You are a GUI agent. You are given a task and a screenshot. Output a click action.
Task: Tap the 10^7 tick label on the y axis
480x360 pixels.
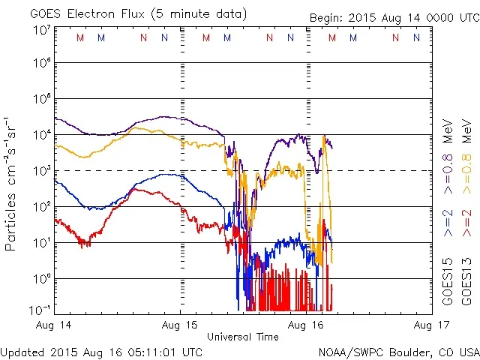(x=42, y=31)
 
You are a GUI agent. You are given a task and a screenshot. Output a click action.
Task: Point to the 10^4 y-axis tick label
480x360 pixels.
(x=42, y=135)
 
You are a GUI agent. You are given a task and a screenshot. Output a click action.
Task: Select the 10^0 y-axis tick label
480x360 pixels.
(x=42, y=279)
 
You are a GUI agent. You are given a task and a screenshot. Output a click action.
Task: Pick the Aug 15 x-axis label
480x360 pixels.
(x=181, y=325)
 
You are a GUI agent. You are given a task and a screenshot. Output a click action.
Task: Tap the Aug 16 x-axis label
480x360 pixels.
(x=306, y=325)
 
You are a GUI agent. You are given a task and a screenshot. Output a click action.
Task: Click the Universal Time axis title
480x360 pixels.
(x=242, y=337)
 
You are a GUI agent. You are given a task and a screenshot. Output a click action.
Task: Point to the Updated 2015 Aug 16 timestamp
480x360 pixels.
(x=101, y=351)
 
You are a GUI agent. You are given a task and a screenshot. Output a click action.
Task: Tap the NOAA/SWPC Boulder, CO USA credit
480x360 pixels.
(x=397, y=351)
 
